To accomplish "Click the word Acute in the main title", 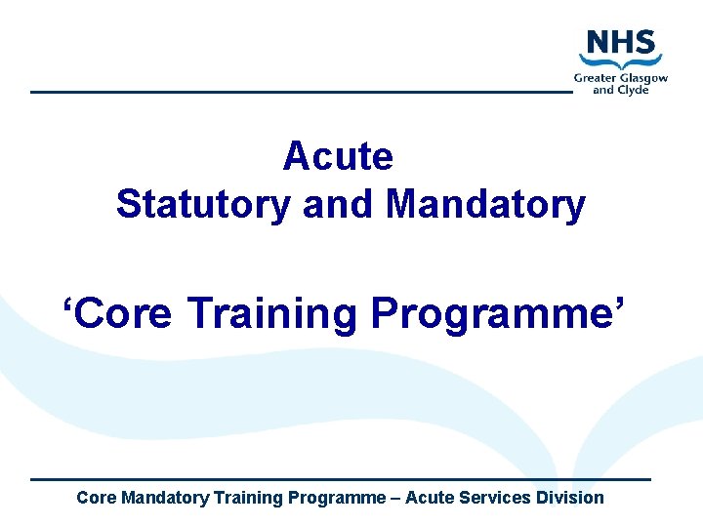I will pos(338,156).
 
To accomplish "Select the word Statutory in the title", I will pos(202,205).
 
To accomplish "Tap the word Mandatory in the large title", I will pos(485,205).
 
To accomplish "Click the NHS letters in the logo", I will pos(621,45).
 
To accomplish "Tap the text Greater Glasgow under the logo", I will pos(621,77).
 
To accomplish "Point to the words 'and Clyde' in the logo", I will pos(621,90).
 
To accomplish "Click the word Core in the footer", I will pos(96,498).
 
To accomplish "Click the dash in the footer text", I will pos(395,498).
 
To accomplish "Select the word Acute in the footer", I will pos(429,498).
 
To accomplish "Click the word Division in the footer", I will pos(570,498).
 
